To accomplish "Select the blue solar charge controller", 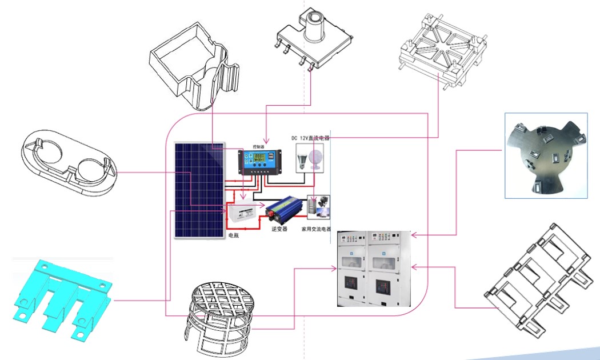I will coord(261,162).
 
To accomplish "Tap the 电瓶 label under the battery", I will coord(234,235).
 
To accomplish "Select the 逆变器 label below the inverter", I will coord(278,229).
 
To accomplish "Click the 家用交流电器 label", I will coord(317,229).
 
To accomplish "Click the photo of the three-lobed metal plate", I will coord(546,155).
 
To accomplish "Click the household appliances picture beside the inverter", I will coord(319,207).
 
